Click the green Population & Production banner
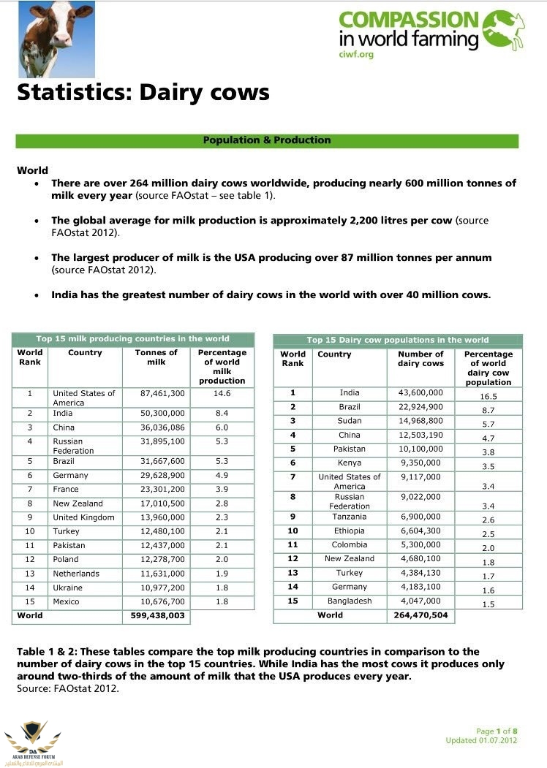[267, 140]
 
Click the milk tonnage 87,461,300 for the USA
[163, 393]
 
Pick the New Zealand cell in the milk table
[78, 503]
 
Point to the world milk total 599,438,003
[156, 615]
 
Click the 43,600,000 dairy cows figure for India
[420, 393]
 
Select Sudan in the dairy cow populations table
[350, 421]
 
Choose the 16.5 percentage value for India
[488, 396]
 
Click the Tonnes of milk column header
[156, 357]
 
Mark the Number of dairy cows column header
[420, 359]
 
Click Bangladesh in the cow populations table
[350, 601]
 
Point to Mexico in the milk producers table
[67, 601]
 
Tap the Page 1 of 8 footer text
[497, 731]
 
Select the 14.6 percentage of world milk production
[222, 393]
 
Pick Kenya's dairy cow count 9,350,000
[420, 463]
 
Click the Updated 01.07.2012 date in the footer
[482, 740]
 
